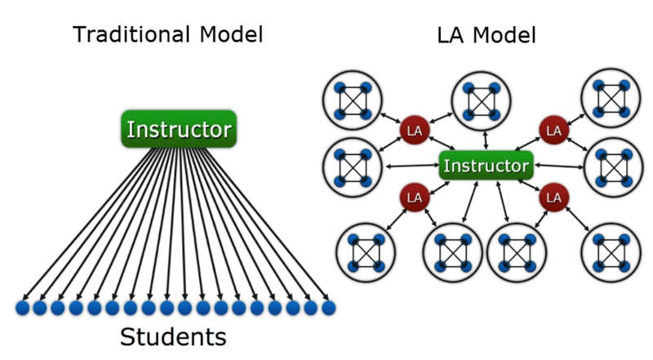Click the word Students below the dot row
click(x=173, y=336)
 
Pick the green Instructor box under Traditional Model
click(x=179, y=130)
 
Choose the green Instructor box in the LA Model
click(x=486, y=167)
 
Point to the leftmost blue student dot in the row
click(x=22, y=308)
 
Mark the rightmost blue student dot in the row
click(x=328, y=308)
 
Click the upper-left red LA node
click(x=414, y=130)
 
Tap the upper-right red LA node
click(x=554, y=130)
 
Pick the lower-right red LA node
click(x=554, y=197)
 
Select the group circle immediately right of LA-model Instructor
click(x=612, y=167)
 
